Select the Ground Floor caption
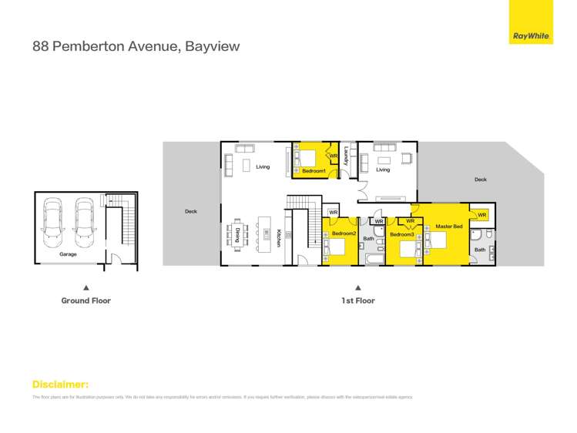tap(86, 300)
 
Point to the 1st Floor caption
tap(357, 300)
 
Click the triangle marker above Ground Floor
tap(86, 287)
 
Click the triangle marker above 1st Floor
tap(357, 287)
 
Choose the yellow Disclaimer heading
tap(60, 384)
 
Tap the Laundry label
tap(347, 156)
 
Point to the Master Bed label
tap(449, 227)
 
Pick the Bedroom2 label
tap(344, 233)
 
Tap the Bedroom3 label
tap(401, 234)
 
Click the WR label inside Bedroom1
tap(334, 156)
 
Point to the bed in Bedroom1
tap(303, 157)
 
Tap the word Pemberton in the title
tap(85, 46)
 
